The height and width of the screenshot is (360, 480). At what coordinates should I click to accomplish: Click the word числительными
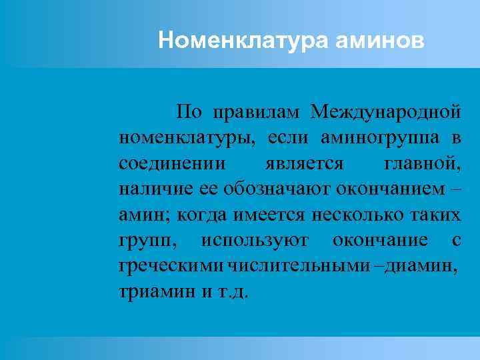pyautogui.click(x=298, y=267)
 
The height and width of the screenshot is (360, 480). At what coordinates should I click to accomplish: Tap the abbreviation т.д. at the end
pyautogui.click(x=231, y=293)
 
